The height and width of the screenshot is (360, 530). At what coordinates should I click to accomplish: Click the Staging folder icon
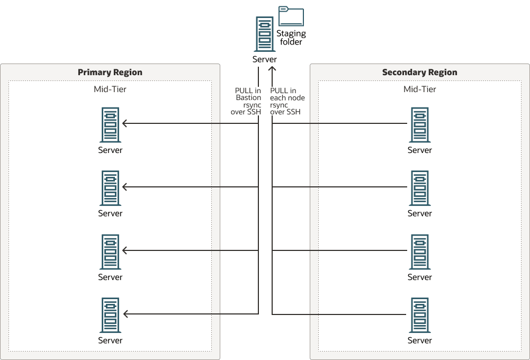[291, 17]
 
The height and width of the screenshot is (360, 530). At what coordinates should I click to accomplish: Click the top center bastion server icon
[264, 34]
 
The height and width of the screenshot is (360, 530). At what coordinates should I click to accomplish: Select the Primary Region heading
[110, 73]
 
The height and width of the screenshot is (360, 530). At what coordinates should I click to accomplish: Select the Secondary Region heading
[419, 73]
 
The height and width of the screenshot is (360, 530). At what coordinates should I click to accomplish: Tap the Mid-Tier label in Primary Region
[110, 89]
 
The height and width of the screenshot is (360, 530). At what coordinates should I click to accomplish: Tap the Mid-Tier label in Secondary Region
[419, 89]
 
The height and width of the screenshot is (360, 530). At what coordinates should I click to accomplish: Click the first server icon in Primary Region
[110, 125]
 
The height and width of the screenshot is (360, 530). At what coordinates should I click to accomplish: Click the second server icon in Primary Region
[110, 188]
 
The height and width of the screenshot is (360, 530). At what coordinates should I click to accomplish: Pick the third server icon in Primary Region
[110, 252]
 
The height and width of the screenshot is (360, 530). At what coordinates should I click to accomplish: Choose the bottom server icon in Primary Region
[110, 315]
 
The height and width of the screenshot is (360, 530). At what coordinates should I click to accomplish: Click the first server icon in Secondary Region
[419, 125]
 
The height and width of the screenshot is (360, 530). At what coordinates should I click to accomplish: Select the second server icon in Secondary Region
[419, 188]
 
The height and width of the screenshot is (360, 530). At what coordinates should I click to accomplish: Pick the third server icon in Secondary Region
[419, 252]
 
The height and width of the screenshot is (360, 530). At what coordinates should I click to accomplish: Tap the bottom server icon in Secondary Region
[419, 315]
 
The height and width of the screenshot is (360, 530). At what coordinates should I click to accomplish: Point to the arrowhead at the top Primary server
[125, 123]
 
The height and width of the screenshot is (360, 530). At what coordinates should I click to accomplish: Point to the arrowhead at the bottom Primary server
[125, 314]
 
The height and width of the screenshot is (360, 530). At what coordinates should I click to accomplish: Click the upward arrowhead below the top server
[272, 68]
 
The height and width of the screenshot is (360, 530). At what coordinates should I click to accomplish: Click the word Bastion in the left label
[248, 98]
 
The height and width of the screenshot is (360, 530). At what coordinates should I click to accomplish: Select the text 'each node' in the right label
[288, 98]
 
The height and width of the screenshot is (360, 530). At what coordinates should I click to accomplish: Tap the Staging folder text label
[291, 38]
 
